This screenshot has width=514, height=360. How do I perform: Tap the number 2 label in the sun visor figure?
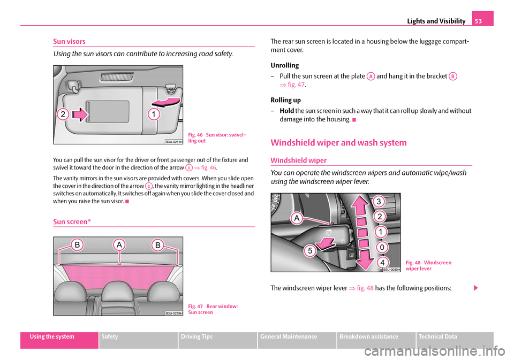point(63,113)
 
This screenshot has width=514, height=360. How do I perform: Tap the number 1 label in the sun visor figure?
point(153,113)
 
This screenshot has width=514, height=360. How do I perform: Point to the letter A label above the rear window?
point(119,244)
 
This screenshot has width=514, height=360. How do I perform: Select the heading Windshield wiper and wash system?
point(338,142)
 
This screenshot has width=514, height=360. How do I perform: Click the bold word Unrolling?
point(285,65)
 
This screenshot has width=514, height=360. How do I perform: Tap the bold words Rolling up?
point(286,100)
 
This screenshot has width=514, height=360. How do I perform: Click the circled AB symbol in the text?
point(453,76)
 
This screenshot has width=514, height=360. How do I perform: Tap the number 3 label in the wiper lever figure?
point(379,202)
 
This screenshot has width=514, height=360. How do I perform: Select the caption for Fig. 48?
point(428,265)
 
